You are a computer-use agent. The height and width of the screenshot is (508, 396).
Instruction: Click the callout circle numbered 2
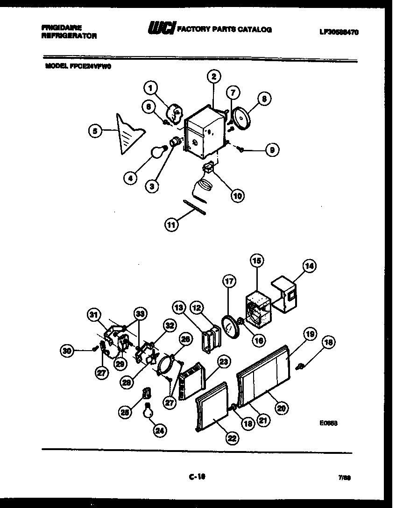tap(213, 77)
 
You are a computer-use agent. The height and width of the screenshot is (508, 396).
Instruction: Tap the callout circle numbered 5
tap(95, 132)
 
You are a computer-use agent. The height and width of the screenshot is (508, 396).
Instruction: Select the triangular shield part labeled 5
tap(127, 134)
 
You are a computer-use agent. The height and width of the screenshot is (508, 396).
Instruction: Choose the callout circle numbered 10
tap(238, 196)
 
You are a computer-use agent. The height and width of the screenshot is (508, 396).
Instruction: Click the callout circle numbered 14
tap(309, 266)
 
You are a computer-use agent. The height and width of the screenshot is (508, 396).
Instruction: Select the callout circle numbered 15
tap(257, 261)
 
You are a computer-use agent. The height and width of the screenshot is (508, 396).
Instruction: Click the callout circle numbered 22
tap(232, 437)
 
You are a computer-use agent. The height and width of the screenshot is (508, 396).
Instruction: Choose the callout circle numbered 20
tap(281, 408)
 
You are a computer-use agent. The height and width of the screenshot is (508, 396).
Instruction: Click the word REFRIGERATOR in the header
tap(69, 36)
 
